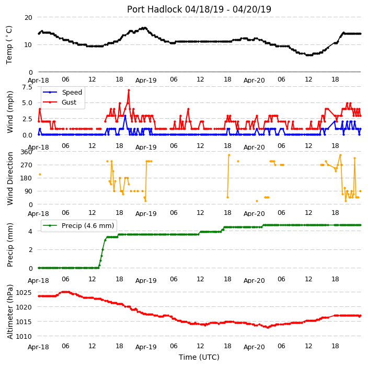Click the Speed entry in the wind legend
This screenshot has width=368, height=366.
(x=72, y=92)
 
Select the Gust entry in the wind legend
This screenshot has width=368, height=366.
(x=69, y=102)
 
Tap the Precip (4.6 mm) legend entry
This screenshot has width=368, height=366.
(x=88, y=225)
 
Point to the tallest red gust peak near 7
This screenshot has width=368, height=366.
(x=129, y=90)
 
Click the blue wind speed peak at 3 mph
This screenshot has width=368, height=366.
(x=125, y=116)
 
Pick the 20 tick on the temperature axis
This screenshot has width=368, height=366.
(x=28, y=18)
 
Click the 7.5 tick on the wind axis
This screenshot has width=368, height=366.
(x=27, y=87)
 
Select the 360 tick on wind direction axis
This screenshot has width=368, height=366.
(x=26, y=152)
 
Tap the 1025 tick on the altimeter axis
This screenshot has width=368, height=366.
(x=24, y=292)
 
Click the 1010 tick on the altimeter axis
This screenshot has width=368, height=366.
(x=24, y=336)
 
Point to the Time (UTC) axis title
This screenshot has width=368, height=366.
(x=199, y=357)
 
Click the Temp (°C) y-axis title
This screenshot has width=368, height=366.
(x=9, y=45)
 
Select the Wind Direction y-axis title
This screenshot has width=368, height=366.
(x=10, y=179)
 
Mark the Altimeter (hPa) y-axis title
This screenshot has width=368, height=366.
(x=10, y=312)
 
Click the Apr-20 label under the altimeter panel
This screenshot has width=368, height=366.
(x=254, y=347)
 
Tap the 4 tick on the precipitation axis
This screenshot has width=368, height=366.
(x=30, y=232)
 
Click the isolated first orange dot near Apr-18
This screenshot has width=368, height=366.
(x=40, y=174)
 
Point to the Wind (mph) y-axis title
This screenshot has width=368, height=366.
(x=10, y=112)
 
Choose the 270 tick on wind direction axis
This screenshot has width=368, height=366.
(x=26, y=165)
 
